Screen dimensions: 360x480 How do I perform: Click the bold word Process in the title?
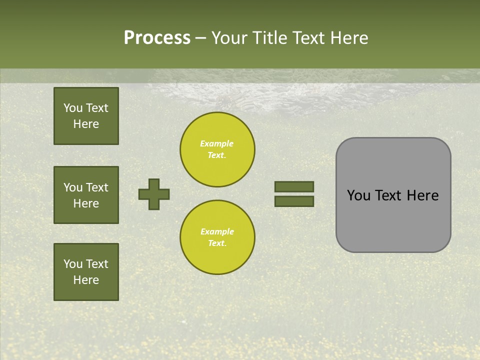157,38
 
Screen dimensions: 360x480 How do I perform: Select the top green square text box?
86,116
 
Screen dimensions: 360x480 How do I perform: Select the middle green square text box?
86,195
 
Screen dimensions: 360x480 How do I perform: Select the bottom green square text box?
86,271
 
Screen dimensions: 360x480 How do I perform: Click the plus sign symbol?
154,194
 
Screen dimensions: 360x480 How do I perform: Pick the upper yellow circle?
217,149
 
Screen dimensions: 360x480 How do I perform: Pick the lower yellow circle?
217,237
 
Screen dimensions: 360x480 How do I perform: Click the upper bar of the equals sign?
294,186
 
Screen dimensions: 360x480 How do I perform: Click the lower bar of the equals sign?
294,201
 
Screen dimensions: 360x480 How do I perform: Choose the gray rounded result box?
393,195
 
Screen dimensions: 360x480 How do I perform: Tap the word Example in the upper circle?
217,144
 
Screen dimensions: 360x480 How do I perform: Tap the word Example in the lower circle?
217,232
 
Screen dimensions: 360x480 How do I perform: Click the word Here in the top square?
86,124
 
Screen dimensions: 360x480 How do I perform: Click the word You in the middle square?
72,187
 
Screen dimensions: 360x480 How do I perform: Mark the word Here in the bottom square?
86,280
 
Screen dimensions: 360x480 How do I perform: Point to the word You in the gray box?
358,195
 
